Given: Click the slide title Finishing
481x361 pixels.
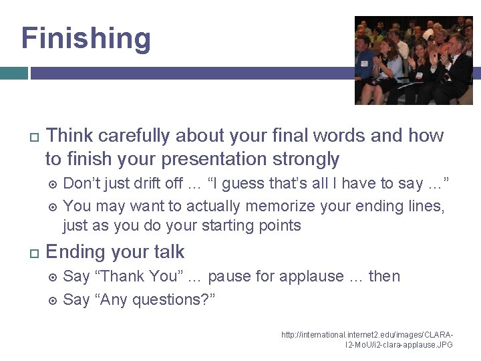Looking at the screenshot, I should pos(86,38).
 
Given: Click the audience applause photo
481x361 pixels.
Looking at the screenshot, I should pos(413,60).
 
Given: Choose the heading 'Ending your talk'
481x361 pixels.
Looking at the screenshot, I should pos(115,252).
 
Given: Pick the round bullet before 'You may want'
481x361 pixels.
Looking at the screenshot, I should pos(53,207).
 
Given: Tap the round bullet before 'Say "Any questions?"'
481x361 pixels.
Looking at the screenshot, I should pos(53,300).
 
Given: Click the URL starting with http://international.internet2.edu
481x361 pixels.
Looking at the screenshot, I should pos(367,339).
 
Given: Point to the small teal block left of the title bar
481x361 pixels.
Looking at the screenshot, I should pos(13,73).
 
